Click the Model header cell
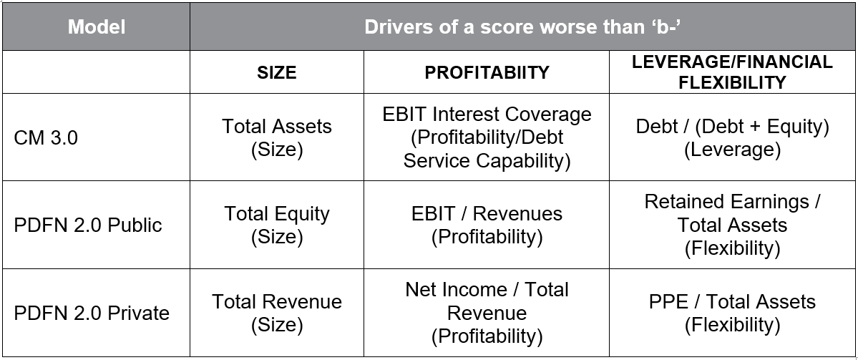pos(97,26)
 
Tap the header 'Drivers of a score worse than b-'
pos(522,26)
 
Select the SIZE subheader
pos(276,72)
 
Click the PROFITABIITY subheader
pos(487,72)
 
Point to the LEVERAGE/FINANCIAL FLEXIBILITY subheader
pos(732,72)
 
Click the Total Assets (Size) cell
pos(276,137)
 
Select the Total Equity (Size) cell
pos(276,225)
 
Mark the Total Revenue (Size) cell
pos(276,313)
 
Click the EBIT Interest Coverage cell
pos(487,137)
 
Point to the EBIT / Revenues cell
pos(487,225)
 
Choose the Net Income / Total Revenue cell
pos(487,313)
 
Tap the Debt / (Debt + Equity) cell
pos(732,137)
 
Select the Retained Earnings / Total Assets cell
pos(732,225)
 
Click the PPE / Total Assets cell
pos(732,313)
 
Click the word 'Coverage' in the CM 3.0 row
pos(549,115)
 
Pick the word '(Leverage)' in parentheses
pos(732,150)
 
